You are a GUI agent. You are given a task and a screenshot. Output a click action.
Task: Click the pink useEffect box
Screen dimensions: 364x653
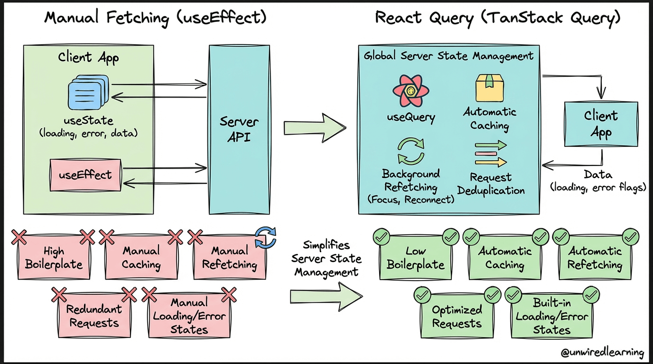click(85, 175)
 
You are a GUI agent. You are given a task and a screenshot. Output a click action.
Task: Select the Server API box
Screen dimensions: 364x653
click(239, 129)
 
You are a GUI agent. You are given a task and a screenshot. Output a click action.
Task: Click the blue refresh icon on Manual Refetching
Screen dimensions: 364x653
click(265, 237)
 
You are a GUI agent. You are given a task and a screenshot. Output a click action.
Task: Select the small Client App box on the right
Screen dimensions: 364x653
click(601, 124)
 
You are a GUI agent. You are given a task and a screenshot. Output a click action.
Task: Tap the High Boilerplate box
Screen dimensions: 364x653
click(54, 257)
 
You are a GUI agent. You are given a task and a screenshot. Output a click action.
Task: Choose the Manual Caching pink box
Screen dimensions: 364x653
click(141, 257)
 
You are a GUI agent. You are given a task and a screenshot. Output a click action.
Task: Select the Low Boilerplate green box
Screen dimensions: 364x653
click(415, 258)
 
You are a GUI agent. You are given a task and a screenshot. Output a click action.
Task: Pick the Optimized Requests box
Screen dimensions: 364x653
click(457, 317)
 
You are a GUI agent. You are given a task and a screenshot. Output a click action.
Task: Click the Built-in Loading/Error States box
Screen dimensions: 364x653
click(551, 317)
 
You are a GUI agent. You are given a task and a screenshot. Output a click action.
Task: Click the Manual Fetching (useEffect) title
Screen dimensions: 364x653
click(155, 18)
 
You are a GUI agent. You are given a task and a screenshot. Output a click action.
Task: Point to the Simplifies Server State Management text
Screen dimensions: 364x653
click(326, 259)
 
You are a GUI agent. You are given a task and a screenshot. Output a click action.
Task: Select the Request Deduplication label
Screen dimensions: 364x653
click(491, 184)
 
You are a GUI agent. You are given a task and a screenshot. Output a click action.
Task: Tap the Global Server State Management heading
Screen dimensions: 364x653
click(448, 56)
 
